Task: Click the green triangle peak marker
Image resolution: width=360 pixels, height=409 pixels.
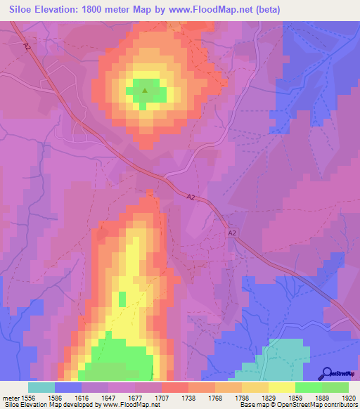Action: click(145, 90)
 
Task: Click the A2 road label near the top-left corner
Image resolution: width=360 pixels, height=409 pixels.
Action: click(27, 46)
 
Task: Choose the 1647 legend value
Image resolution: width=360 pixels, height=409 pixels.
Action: click(108, 397)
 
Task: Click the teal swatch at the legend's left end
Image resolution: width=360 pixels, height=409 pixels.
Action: click(41, 387)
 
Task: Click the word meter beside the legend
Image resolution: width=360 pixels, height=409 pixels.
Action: click(12, 397)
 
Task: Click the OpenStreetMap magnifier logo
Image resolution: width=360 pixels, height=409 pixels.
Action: click(326, 374)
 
